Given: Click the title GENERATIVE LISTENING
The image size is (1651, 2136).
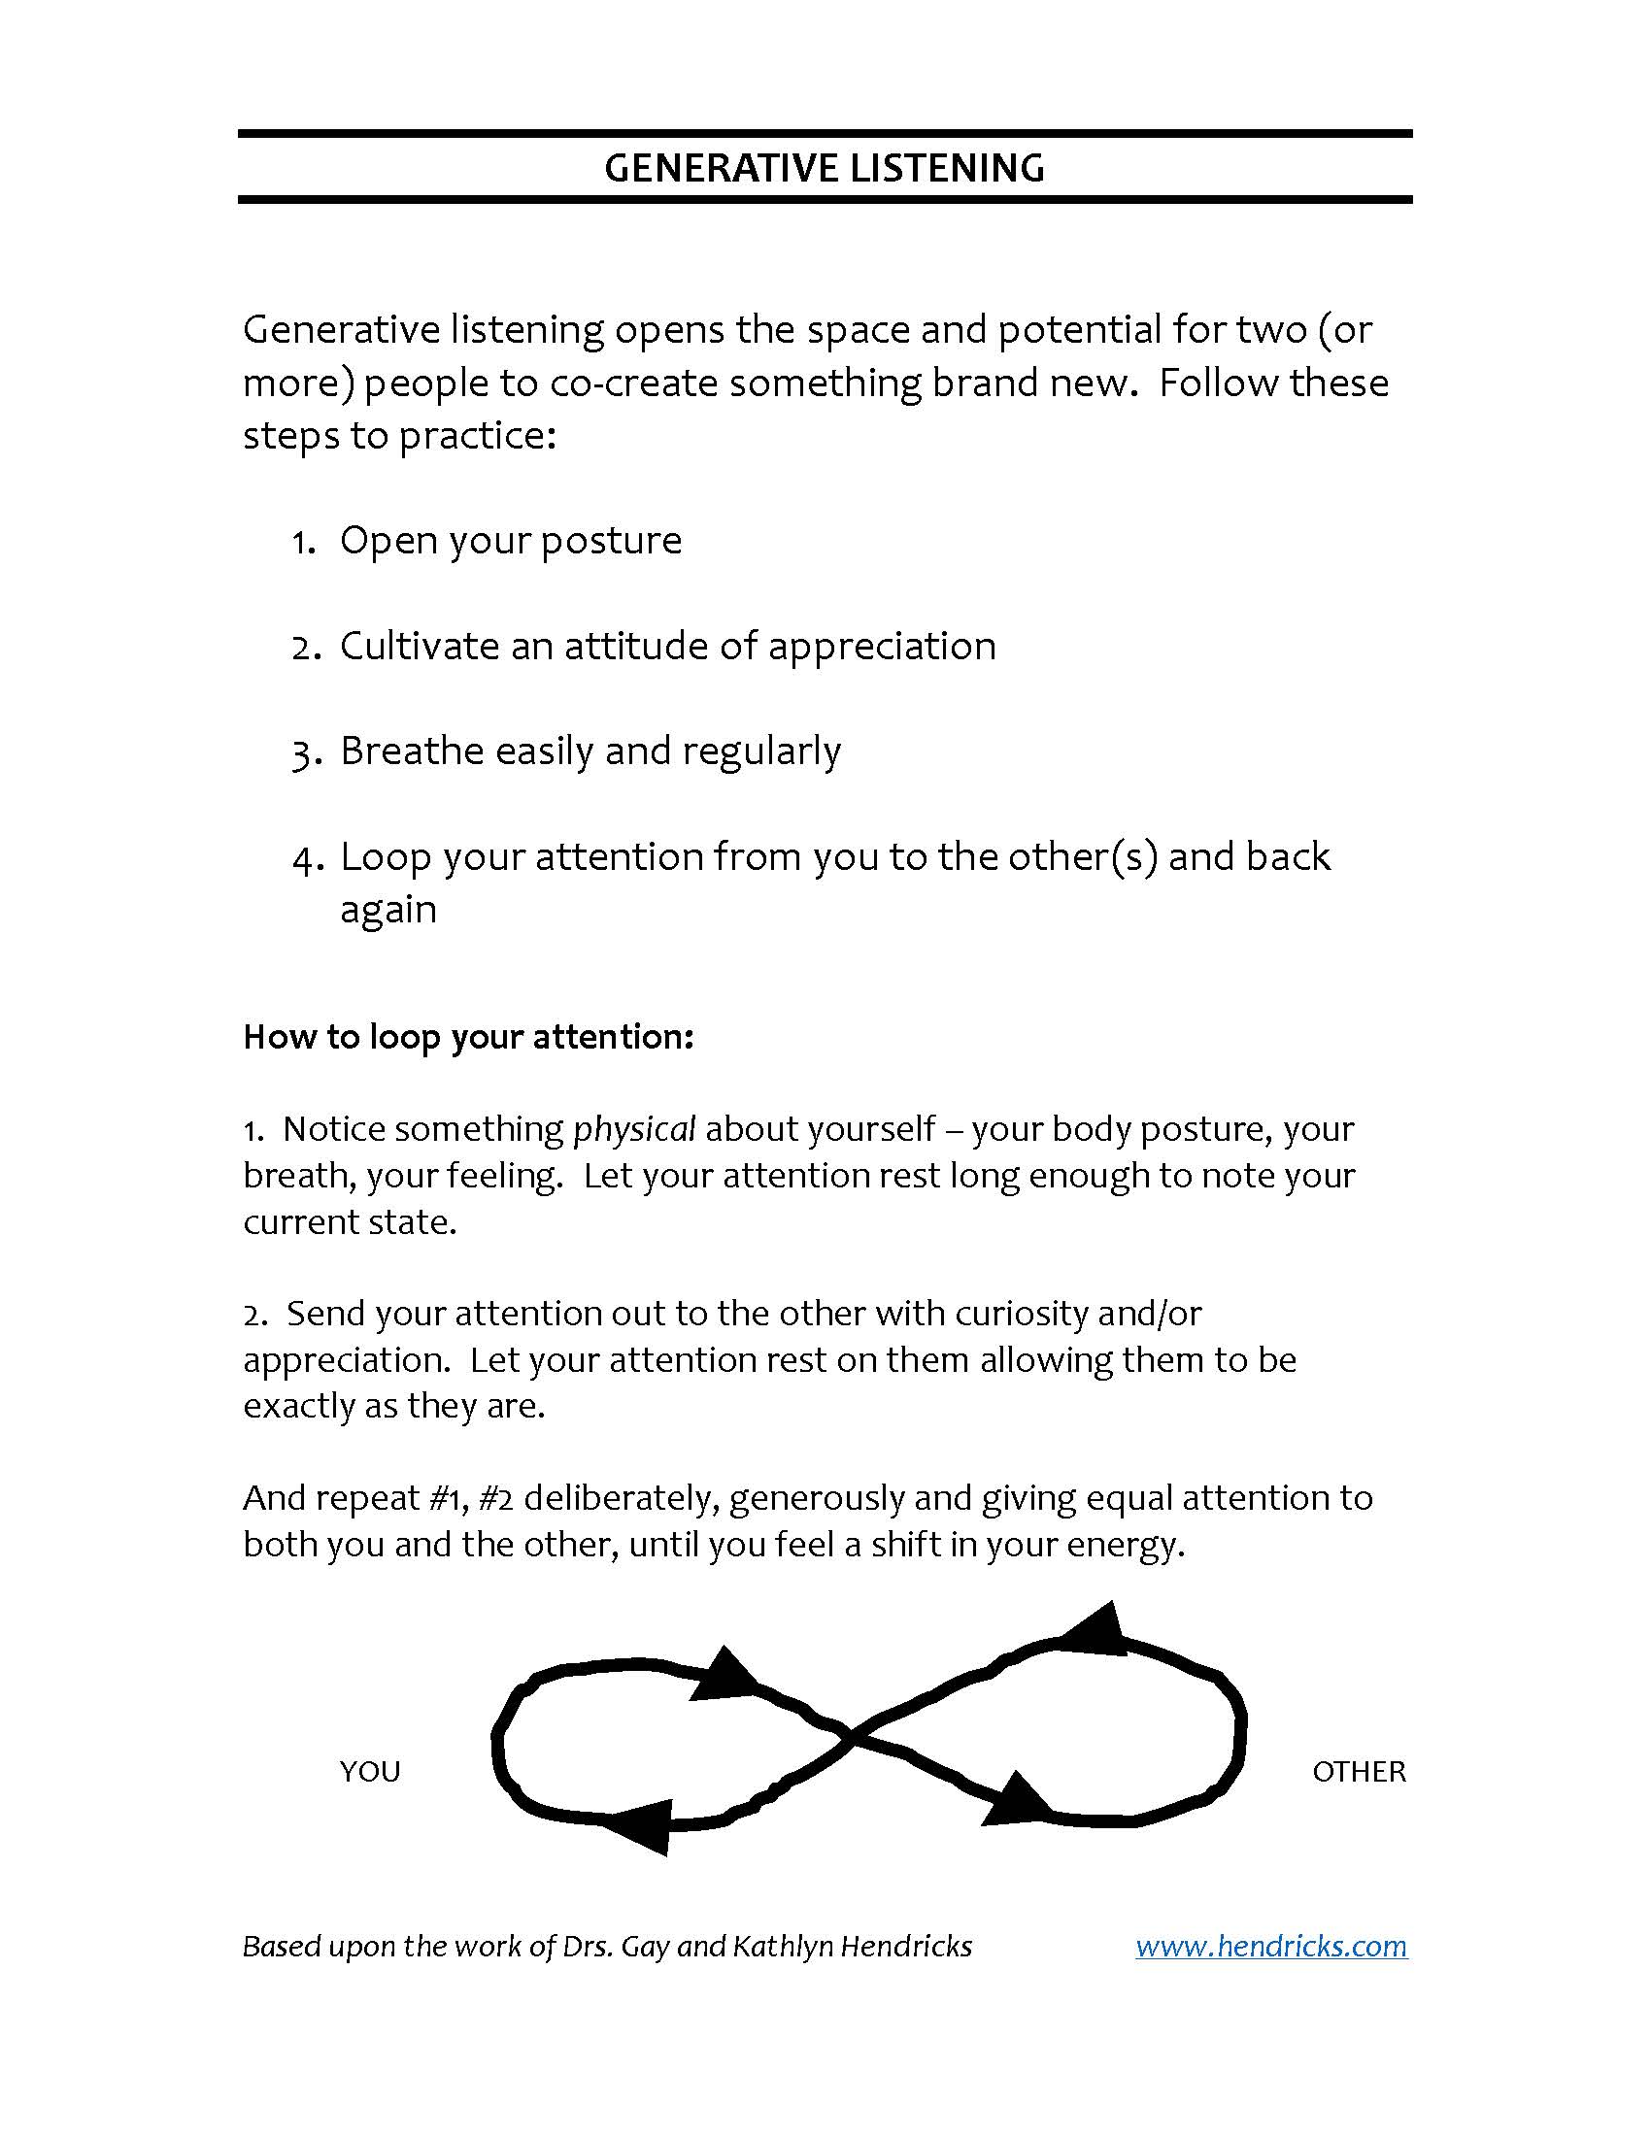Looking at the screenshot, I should (x=825, y=168).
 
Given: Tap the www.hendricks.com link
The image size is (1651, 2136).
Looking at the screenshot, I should (x=1270, y=1946).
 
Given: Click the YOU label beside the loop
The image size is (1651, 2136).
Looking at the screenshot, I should (x=370, y=1771).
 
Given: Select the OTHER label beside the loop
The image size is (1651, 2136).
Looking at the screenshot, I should (x=1359, y=1771).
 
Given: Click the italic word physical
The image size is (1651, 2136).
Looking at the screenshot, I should (x=634, y=1128).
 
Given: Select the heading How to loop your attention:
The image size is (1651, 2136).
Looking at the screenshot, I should (x=468, y=1037).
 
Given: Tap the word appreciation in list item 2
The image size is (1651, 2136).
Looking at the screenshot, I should (x=882, y=647).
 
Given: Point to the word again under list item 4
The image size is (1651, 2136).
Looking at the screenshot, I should (x=388, y=911).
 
